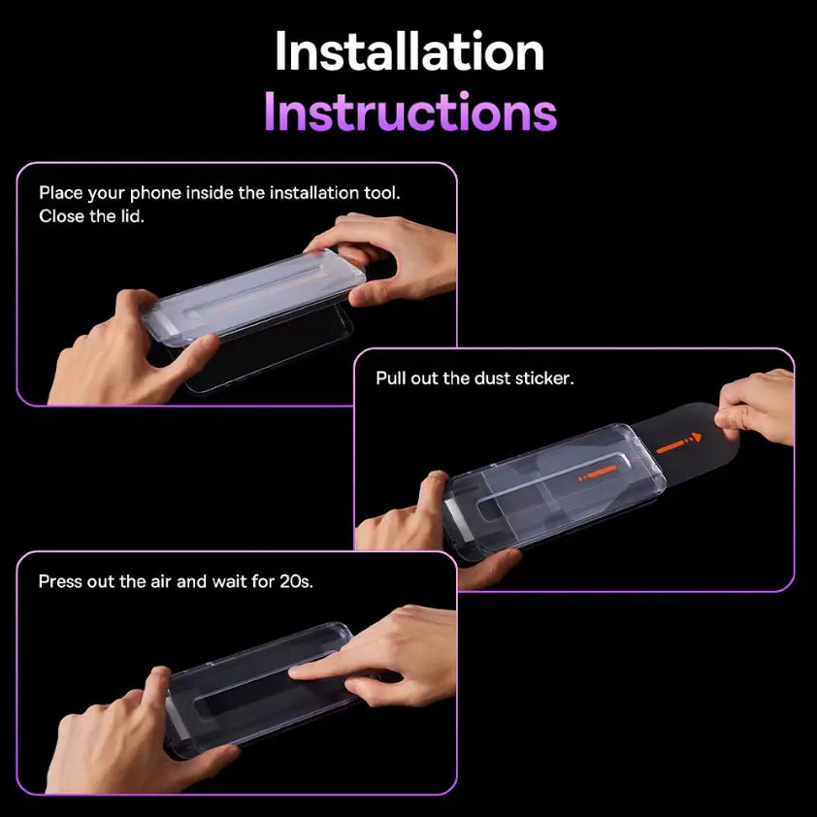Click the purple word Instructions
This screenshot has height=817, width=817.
(x=409, y=113)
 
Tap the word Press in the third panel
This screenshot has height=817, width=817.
(x=60, y=581)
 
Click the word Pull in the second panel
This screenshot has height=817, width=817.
(x=392, y=377)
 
